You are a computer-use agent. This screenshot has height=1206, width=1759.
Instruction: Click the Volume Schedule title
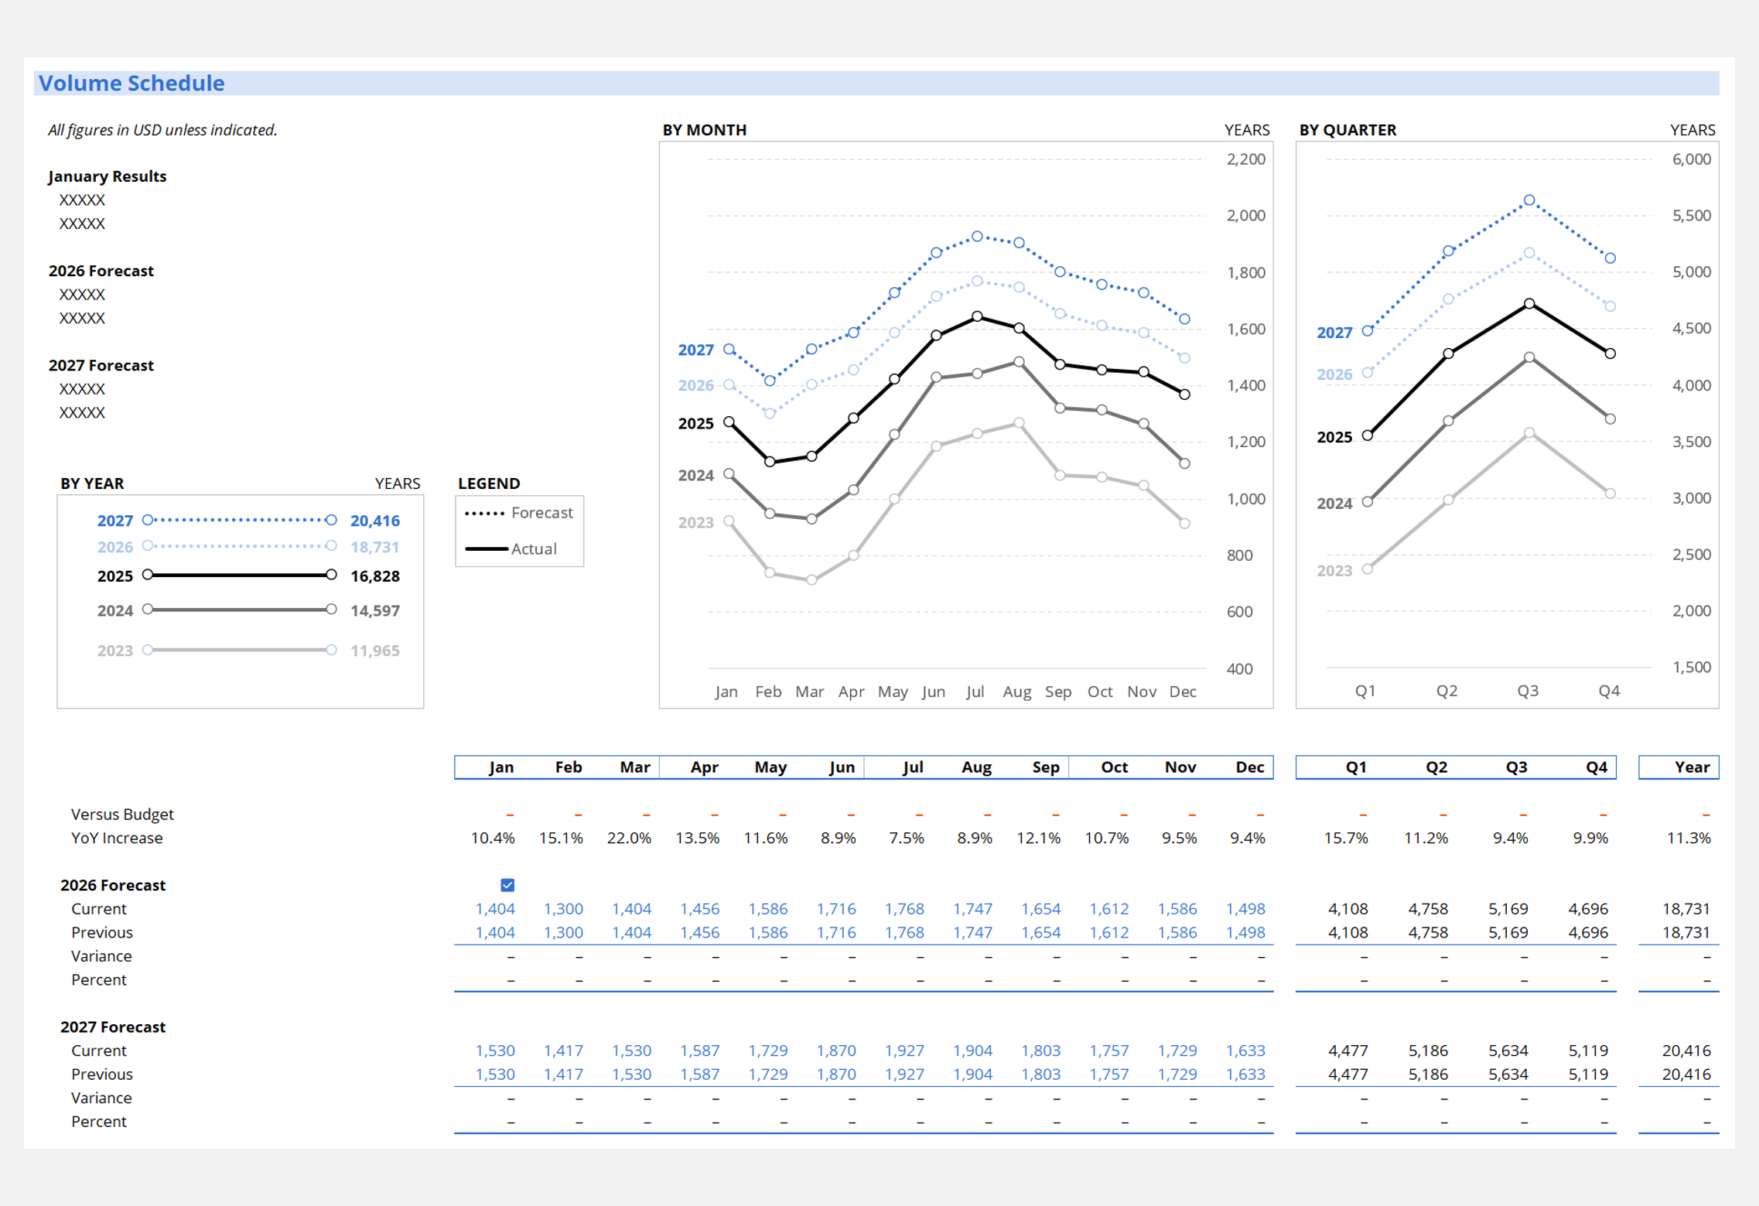131,84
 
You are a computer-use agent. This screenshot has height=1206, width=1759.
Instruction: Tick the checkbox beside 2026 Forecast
507,885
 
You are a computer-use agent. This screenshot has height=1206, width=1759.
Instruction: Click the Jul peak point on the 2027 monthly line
978,237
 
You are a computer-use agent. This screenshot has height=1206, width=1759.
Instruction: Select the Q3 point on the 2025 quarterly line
1529,304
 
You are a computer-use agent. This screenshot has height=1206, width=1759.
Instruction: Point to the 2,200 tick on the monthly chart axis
1245,159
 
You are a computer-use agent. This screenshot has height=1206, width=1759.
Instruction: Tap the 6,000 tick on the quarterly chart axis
1691,159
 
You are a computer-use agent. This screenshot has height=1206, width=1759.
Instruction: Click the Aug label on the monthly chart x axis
1016,692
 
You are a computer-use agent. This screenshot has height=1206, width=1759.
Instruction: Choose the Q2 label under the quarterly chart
1446,691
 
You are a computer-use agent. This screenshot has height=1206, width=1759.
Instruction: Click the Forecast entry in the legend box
541,513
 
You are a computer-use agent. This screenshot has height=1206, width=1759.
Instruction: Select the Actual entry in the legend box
534,548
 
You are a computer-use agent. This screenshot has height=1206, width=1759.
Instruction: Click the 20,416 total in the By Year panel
375,521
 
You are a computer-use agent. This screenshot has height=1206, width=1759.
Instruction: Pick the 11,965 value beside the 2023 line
375,651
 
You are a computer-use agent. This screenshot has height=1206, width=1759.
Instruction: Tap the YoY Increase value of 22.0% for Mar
629,838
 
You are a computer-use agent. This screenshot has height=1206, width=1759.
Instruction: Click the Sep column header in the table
1045,767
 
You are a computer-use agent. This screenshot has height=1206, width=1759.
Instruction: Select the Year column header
1692,767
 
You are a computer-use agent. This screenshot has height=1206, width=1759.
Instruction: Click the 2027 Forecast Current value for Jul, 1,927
904,1051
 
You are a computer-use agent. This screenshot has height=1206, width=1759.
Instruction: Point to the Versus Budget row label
122,814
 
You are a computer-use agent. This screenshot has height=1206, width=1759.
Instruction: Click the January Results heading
108,176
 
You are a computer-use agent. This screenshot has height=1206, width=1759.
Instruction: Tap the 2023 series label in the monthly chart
695,522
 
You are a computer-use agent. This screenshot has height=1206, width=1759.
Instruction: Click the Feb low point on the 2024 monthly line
770,514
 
